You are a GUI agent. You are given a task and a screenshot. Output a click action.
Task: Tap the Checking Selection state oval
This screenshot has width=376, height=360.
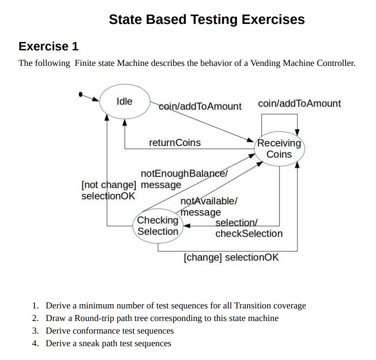(x=158, y=226)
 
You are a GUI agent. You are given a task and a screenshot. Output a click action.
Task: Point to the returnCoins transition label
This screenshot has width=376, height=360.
(x=175, y=143)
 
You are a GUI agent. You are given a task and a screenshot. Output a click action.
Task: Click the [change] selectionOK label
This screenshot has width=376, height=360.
(x=231, y=257)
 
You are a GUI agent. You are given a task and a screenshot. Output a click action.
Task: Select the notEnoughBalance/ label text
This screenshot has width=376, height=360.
(x=184, y=174)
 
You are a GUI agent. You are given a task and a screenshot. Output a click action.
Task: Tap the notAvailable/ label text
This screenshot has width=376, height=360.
(x=209, y=201)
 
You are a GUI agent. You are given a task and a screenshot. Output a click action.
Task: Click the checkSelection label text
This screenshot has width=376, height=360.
(x=249, y=234)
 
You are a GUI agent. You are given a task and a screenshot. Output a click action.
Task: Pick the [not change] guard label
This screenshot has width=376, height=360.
(x=109, y=185)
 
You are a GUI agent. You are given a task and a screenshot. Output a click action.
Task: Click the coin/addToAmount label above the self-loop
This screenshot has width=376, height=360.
(x=299, y=104)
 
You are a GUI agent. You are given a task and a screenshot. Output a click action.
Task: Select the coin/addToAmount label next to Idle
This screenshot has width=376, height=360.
(x=200, y=107)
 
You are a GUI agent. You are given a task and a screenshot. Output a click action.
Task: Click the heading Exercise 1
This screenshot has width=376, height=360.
(x=49, y=46)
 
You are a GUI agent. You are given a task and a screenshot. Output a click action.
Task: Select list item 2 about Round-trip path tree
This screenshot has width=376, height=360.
(x=162, y=318)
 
